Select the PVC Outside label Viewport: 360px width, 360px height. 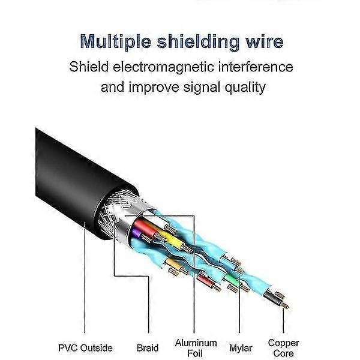pos(86,347)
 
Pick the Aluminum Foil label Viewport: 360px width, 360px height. pos(196,347)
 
